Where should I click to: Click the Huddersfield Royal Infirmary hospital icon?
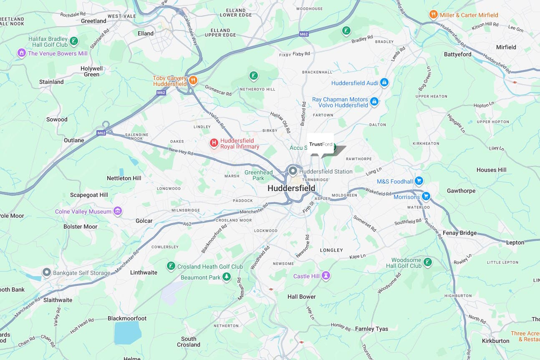pyautogui.click(x=214, y=143)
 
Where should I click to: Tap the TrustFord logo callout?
pyautogui.click(x=320, y=144)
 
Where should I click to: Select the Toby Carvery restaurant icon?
pyautogui.click(x=193, y=80)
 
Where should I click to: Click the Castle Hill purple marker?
pyautogui.click(x=326, y=276)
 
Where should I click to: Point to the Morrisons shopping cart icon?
pyautogui.click(x=426, y=196)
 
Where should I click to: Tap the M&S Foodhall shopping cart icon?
pyautogui.click(x=419, y=181)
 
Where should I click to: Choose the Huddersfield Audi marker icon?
pyautogui.click(x=384, y=83)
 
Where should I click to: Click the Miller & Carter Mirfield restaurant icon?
pyautogui.click(x=434, y=15)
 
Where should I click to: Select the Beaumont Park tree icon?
pyautogui.click(x=226, y=277)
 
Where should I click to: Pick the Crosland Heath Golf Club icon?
pyautogui.click(x=171, y=266)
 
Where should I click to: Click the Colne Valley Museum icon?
pyautogui.click(x=118, y=211)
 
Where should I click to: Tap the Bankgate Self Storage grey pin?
pyautogui.click(x=47, y=272)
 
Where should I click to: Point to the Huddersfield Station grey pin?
pyautogui.click(x=293, y=171)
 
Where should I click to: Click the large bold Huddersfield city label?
pyautogui.click(x=291, y=188)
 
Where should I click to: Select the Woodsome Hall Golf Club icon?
pyautogui.click(x=427, y=262)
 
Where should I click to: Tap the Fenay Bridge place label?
pyautogui.click(x=459, y=233)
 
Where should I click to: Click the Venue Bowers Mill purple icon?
pyautogui.click(x=21, y=53)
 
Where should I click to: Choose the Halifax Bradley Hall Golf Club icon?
pyautogui.click(x=73, y=41)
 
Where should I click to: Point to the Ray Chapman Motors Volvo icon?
pyautogui.click(x=374, y=101)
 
